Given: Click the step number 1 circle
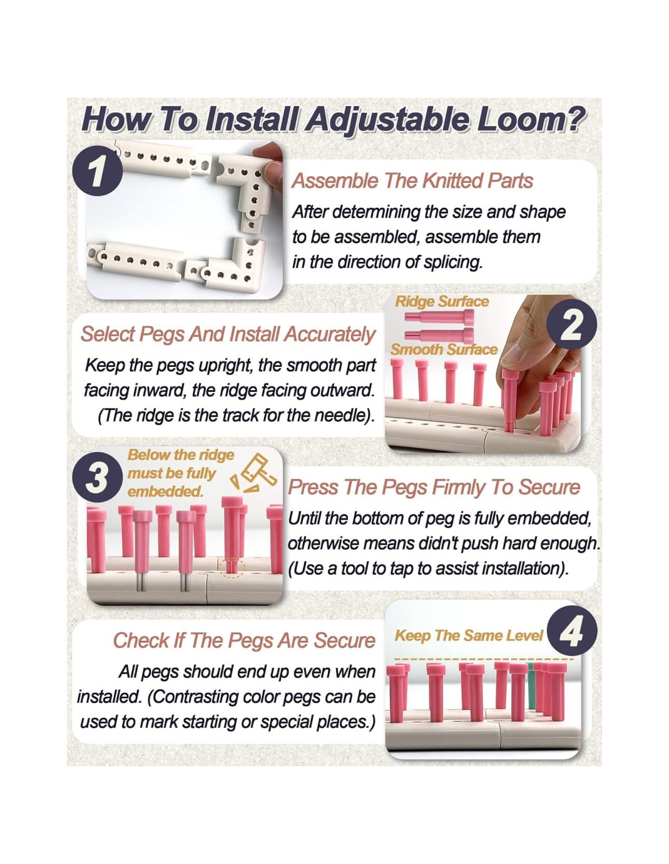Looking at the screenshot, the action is pyautogui.click(x=97, y=172).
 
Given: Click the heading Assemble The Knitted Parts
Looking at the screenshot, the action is pyautogui.click(x=412, y=181).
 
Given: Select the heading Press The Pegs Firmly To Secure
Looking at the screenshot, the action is pyautogui.click(x=434, y=487).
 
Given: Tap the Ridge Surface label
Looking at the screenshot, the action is pyautogui.click(x=442, y=301).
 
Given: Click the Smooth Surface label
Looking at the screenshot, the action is pyautogui.click(x=444, y=349).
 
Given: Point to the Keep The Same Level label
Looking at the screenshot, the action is pyautogui.click(x=468, y=636).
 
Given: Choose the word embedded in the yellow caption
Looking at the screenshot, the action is pyautogui.click(x=165, y=492).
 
